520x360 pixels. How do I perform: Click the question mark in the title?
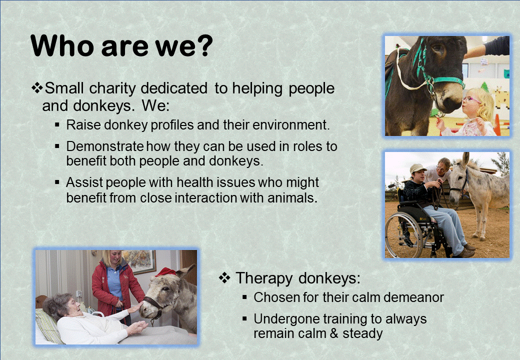(202, 45)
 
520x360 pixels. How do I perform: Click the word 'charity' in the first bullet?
(112, 88)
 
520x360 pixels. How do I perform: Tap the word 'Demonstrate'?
(105, 146)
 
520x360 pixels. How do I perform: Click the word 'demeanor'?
(413, 297)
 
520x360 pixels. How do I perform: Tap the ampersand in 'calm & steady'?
(334, 333)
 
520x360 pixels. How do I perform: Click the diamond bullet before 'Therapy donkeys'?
(224, 278)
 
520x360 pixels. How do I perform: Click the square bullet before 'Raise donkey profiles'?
(57, 125)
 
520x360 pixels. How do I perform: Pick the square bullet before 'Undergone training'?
(244, 319)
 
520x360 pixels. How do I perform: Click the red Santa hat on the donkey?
(166, 272)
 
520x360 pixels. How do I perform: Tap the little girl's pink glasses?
(471, 99)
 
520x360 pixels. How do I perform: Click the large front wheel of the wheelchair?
(403, 235)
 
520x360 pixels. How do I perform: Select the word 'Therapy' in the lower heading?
(264, 278)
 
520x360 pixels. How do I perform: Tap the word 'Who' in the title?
(62, 45)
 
